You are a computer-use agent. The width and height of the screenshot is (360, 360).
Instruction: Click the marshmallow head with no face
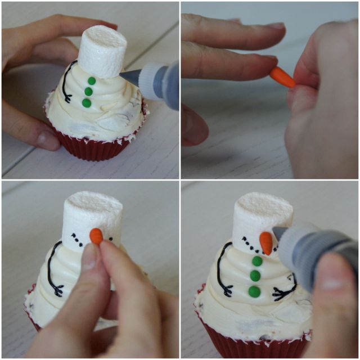click(x=102, y=52)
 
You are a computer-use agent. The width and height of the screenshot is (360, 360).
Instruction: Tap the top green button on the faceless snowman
click(x=91, y=81)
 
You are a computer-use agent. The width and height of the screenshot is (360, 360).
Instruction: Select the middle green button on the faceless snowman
click(x=88, y=92)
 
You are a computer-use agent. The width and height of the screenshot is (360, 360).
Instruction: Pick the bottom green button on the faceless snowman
click(x=86, y=103)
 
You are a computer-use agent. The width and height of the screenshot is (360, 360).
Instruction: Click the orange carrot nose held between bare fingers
click(x=282, y=77)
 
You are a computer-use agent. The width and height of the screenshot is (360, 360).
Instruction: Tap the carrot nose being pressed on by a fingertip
click(x=96, y=236)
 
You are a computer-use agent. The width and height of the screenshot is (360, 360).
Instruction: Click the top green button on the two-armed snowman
click(x=257, y=261)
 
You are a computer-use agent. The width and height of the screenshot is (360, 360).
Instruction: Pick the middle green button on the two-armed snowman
click(x=255, y=275)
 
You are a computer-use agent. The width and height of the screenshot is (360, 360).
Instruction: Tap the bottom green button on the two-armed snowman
click(x=254, y=291)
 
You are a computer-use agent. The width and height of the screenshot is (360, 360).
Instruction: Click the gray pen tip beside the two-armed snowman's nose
click(x=280, y=232)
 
